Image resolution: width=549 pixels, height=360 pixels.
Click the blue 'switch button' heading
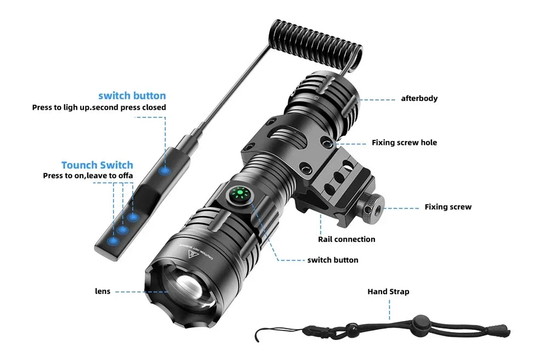(132, 95)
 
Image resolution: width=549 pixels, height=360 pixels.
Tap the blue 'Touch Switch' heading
(97, 165)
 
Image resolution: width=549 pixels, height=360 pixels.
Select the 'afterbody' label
(419, 99)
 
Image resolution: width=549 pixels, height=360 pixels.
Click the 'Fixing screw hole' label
(405, 143)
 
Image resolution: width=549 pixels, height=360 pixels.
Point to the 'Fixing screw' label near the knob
(448, 207)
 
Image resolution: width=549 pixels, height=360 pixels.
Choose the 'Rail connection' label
(346, 239)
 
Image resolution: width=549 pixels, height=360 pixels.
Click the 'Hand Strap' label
(388, 291)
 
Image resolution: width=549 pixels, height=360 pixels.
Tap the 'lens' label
(102, 291)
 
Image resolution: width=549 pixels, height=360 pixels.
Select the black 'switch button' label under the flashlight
(333, 260)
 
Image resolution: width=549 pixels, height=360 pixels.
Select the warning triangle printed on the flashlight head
(194, 254)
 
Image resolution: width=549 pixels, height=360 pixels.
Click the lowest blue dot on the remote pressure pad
(114, 241)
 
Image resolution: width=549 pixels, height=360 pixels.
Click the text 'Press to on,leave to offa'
(88, 176)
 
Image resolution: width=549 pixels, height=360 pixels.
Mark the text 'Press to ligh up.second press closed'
(99, 108)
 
